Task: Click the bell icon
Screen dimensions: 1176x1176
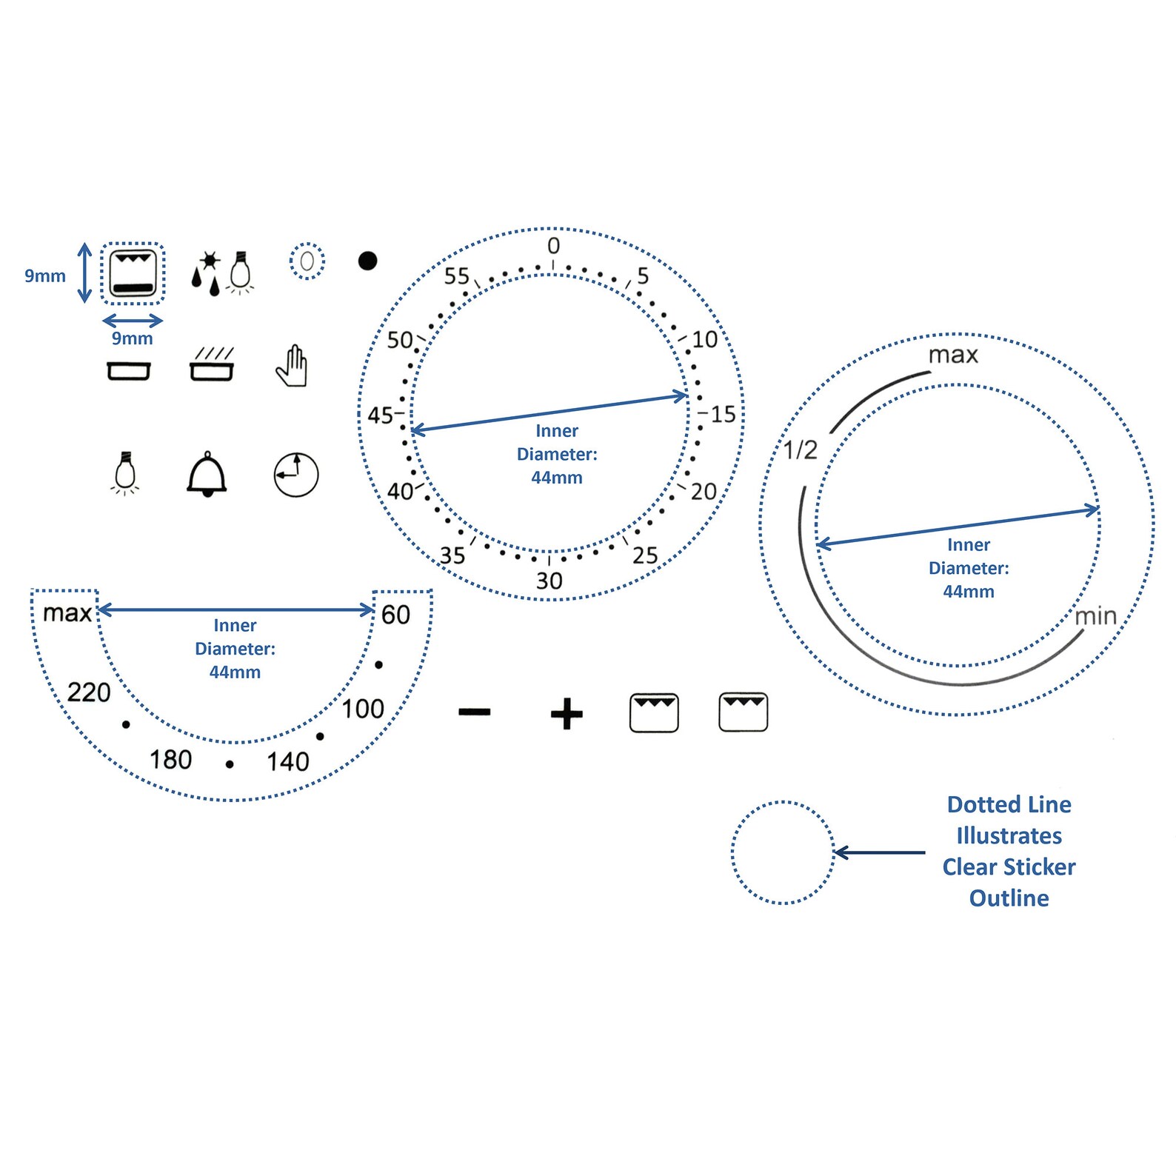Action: (x=207, y=475)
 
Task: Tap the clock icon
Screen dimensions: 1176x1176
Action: (x=296, y=475)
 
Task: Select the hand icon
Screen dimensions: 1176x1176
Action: (x=292, y=366)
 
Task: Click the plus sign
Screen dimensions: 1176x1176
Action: (x=567, y=714)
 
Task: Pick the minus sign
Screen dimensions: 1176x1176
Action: (x=474, y=712)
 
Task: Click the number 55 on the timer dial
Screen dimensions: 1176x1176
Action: (x=457, y=276)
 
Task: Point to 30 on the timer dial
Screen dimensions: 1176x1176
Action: (x=549, y=581)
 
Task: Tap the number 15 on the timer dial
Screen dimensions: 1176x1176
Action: (x=723, y=415)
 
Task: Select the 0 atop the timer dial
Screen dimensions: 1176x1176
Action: (x=554, y=246)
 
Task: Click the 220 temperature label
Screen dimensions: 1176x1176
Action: (x=89, y=692)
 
